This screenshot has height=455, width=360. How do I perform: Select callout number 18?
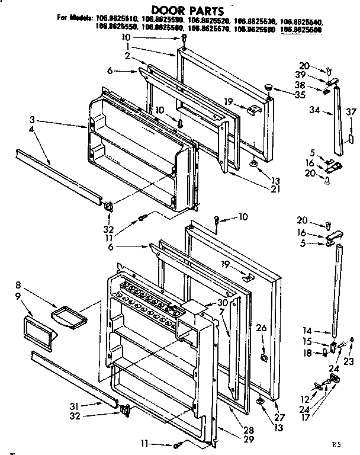pos(307,353)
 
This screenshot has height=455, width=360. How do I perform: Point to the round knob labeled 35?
pos(269,86)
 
